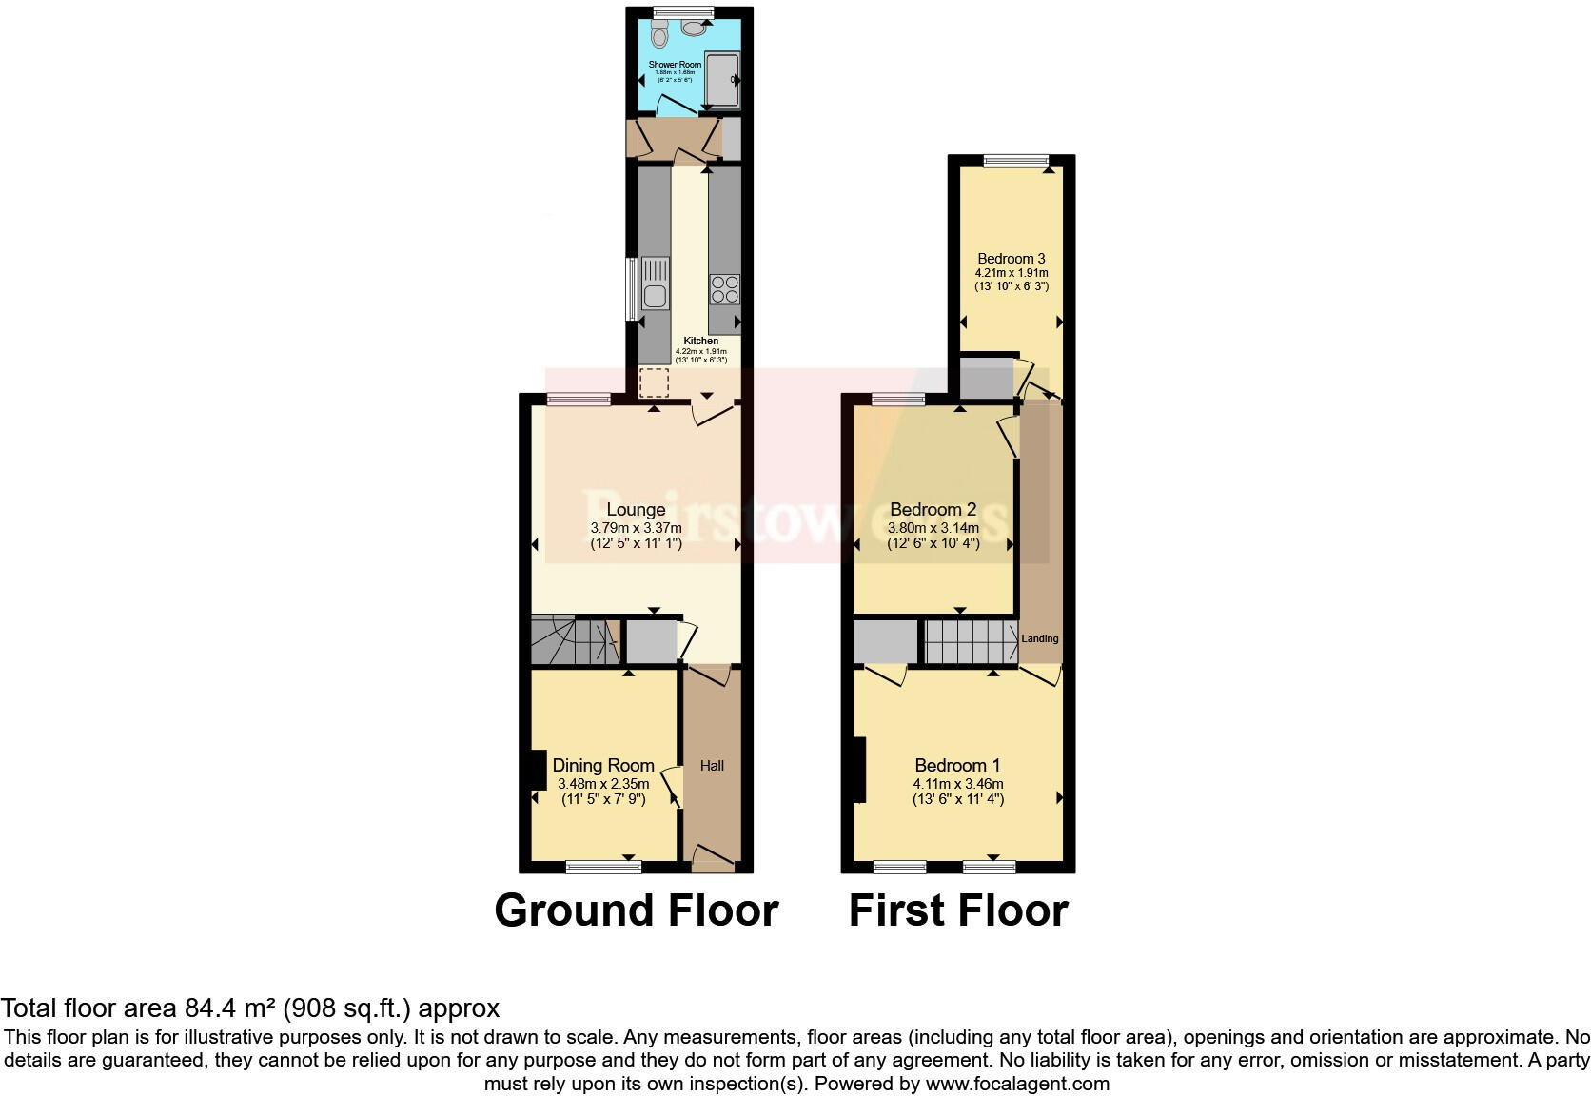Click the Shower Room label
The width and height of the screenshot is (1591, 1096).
click(675, 65)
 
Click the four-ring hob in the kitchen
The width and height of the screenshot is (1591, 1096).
click(724, 288)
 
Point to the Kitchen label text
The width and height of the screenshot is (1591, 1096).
click(701, 341)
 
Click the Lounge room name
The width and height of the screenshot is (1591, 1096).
click(636, 510)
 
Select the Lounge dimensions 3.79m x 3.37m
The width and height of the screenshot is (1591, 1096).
click(636, 528)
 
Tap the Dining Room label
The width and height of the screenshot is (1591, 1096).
click(603, 765)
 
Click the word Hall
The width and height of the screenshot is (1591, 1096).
click(712, 765)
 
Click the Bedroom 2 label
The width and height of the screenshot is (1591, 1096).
click(933, 510)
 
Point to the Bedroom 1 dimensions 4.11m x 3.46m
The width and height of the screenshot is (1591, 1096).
click(958, 784)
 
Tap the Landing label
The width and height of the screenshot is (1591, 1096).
click(1040, 638)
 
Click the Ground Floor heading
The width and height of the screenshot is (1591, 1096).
click(637, 910)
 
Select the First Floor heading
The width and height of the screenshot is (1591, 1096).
click(958, 910)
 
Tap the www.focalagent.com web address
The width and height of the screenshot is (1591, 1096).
click(1017, 1083)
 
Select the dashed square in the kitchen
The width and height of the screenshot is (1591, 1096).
click(655, 382)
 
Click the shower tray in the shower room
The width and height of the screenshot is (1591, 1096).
click(722, 81)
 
